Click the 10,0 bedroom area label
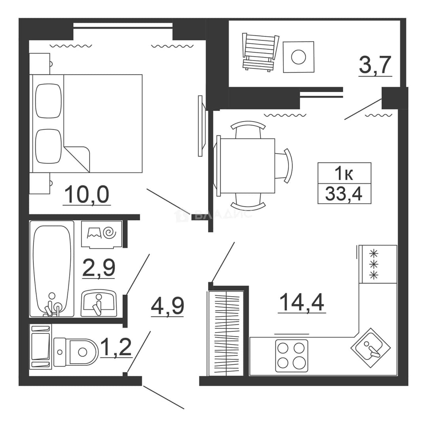[x=87, y=195]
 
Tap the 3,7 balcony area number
[x=375, y=65]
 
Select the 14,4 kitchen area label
[x=302, y=302]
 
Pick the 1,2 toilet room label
[x=116, y=347]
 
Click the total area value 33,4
[x=344, y=194]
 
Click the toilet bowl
[x=76, y=352]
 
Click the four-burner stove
[x=292, y=355]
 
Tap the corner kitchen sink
[x=370, y=348]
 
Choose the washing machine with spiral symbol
[x=101, y=234]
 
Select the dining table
[x=247, y=165]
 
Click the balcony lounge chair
[x=260, y=52]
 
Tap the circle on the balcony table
[x=299, y=57]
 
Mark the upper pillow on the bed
[x=49, y=101]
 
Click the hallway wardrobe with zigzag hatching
[x=225, y=334]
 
